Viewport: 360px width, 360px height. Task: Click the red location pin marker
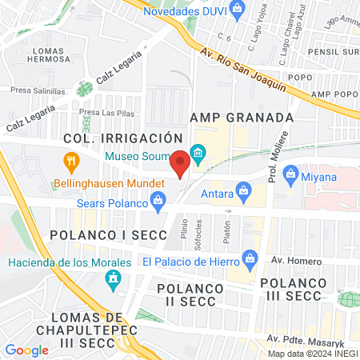coord(180,163)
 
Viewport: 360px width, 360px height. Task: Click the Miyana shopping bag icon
coord(290,174)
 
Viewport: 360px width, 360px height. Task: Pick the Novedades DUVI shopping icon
coord(237,8)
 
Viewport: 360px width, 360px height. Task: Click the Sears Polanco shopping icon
coord(158,204)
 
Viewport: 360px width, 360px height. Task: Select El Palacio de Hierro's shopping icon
coord(250,260)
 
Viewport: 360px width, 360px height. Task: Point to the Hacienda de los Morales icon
coord(113,278)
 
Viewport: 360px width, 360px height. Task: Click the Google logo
coord(26,350)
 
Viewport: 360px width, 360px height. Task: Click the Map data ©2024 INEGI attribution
coord(312,353)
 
